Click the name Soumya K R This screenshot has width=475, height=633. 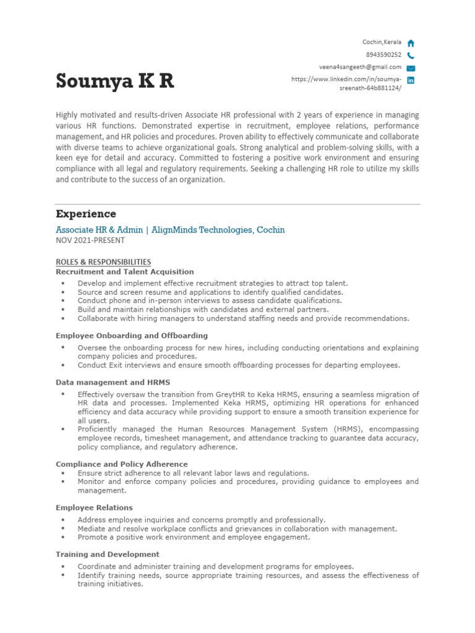tap(114, 81)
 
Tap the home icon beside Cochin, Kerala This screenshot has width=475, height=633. tap(411, 43)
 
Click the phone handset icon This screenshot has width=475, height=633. tap(411, 55)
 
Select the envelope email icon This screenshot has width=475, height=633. tap(411, 68)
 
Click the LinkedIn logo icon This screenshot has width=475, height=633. tap(411, 80)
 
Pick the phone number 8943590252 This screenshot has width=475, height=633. tap(383, 55)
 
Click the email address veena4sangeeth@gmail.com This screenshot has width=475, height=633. tap(360, 67)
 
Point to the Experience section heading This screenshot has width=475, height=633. tap(86, 214)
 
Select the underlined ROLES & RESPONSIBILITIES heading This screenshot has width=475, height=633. tap(103, 262)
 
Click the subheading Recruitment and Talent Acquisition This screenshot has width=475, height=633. tap(124, 271)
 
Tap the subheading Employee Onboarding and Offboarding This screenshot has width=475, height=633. tap(132, 336)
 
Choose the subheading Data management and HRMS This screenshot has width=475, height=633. tap(113, 382)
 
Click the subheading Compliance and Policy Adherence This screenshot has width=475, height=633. tap(122, 464)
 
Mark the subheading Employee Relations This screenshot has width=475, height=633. tap(94, 508)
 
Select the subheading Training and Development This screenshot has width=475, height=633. tap(108, 554)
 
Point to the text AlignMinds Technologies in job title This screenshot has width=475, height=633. tap(200, 230)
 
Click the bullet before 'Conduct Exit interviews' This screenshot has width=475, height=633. tap(64, 365)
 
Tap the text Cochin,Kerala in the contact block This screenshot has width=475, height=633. tap(382, 42)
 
